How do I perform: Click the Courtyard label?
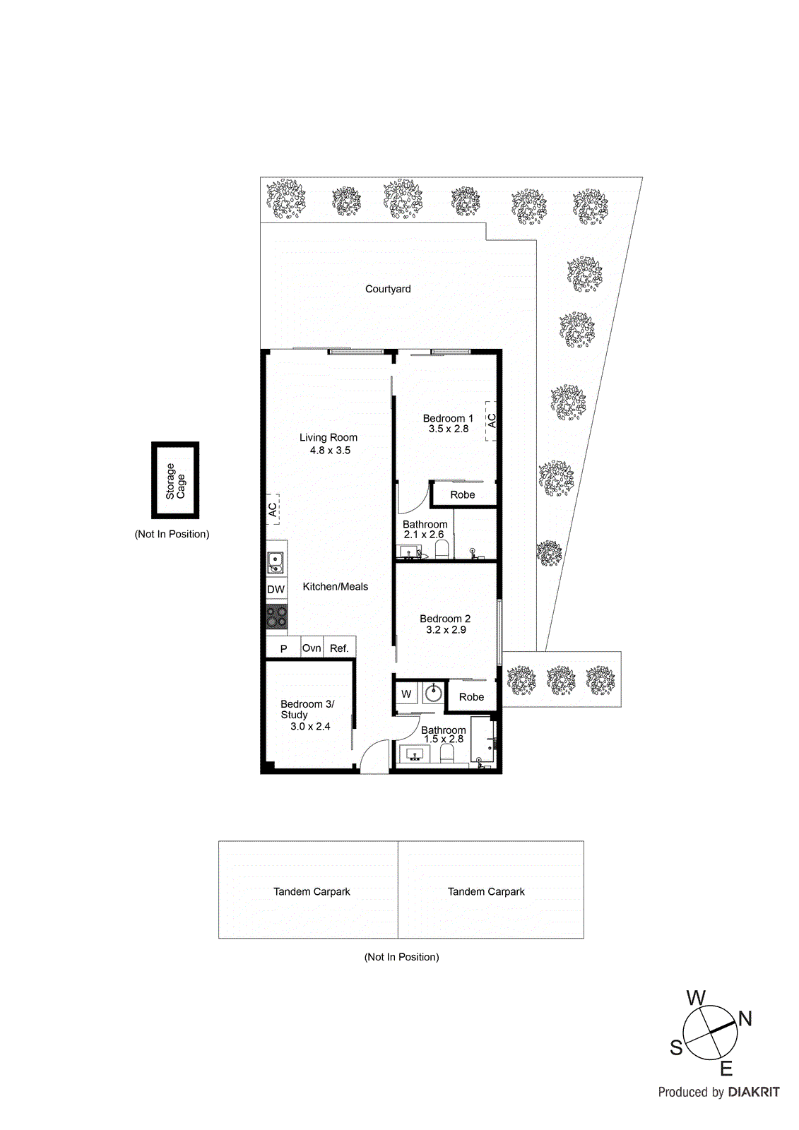point(388,289)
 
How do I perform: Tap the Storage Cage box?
point(175,480)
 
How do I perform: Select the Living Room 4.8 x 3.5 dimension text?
point(330,450)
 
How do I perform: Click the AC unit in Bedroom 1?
point(491,421)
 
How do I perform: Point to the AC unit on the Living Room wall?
point(273,509)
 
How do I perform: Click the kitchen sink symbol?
point(276,563)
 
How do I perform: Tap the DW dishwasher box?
point(276,590)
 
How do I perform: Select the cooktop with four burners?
point(276,617)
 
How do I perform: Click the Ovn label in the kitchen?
point(312,648)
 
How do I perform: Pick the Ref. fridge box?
point(339,648)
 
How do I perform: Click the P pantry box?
point(283,648)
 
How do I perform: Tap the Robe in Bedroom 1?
point(463,494)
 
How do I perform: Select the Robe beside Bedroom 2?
point(471,696)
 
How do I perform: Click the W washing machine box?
point(406,694)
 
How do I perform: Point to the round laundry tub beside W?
point(433,694)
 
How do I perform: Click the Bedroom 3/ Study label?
point(307,709)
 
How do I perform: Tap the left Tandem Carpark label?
point(312,891)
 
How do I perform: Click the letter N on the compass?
point(745,1018)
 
